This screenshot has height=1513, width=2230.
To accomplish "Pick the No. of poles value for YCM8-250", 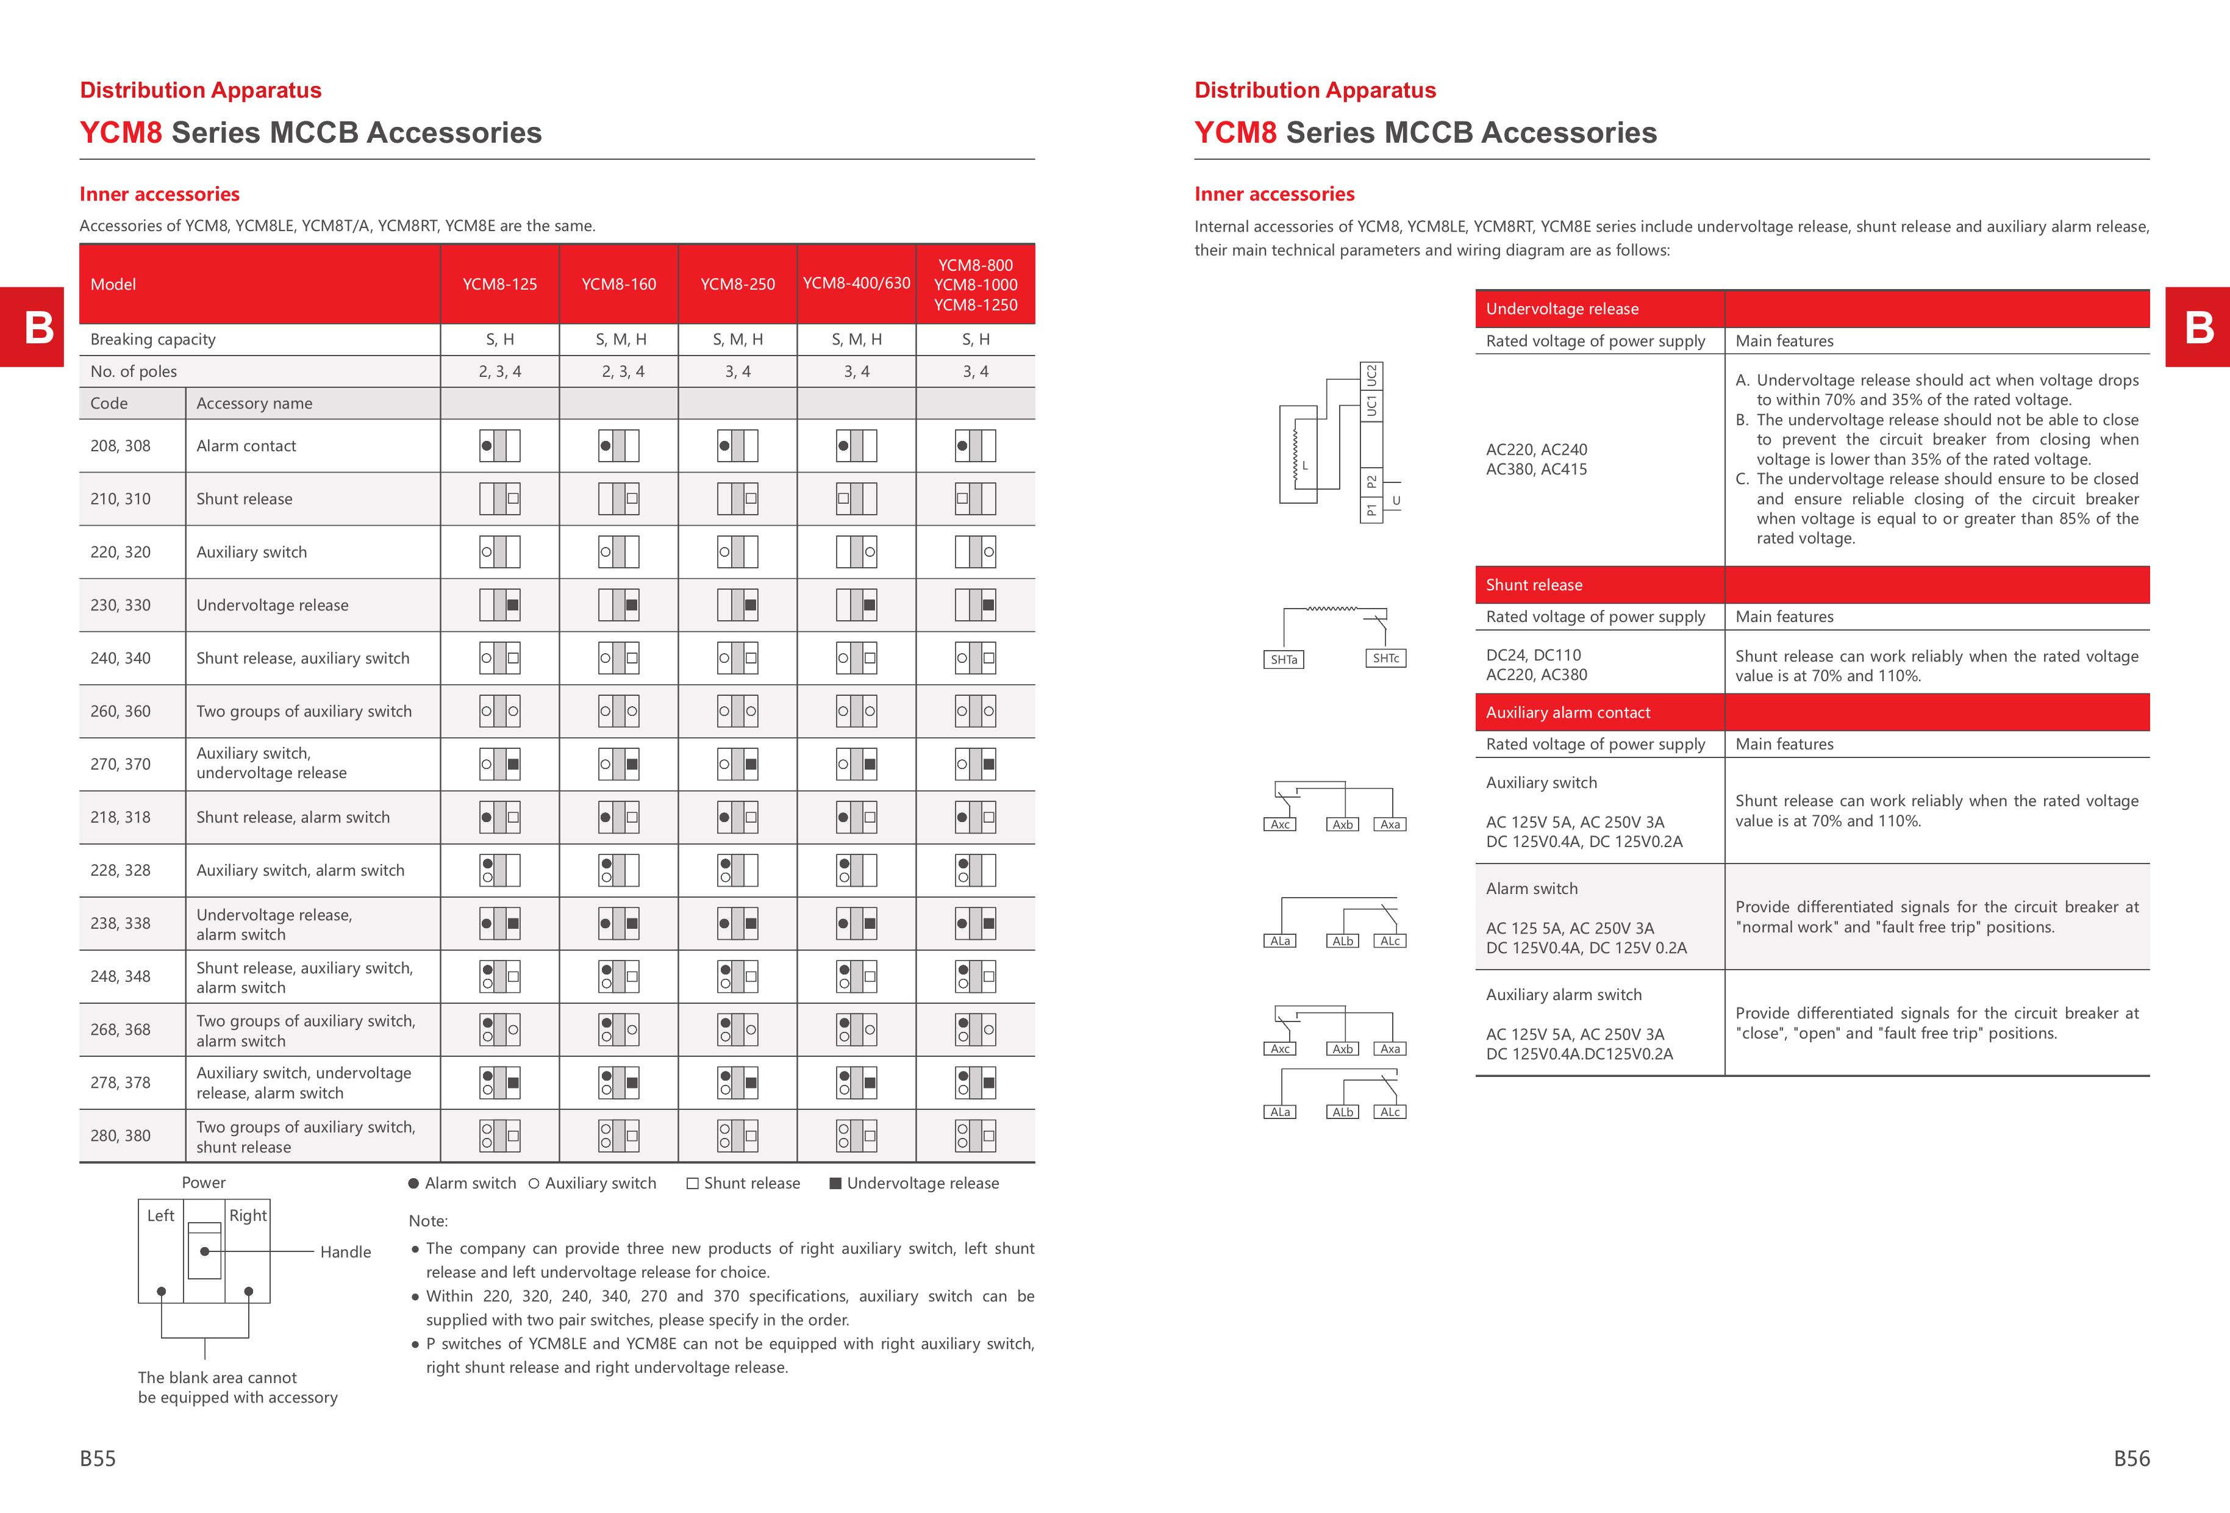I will click(x=737, y=371).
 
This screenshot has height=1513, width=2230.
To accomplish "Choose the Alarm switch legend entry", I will click(x=462, y=1184).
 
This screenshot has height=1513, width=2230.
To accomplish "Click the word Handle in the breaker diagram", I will click(x=345, y=1252).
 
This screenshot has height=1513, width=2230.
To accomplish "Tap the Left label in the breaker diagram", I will click(x=160, y=1215).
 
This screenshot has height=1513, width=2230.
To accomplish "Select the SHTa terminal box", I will click(x=1283, y=660).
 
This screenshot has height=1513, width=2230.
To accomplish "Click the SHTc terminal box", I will click(x=1385, y=658).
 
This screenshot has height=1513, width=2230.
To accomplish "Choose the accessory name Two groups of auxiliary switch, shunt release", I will click(x=305, y=1137).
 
